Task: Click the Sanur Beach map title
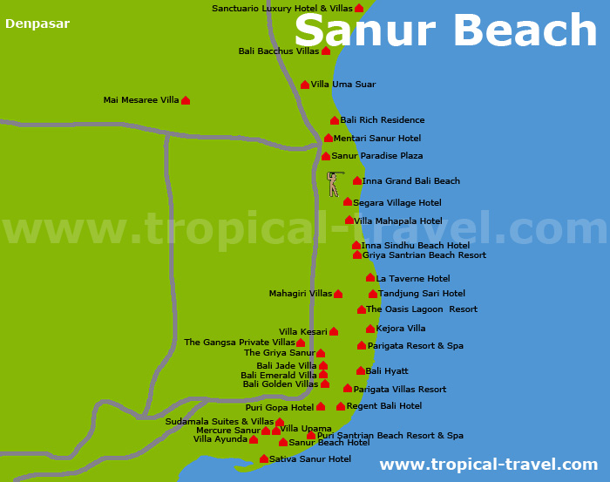(445, 31)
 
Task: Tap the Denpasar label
(37, 24)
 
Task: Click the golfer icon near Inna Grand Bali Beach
(332, 183)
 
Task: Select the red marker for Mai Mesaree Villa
(186, 100)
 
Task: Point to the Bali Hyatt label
(387, 371)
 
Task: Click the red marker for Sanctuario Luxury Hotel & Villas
(359, 8)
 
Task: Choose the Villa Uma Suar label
(343, 85)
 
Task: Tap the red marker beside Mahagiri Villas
(338, 294)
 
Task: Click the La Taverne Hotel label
(413, 279)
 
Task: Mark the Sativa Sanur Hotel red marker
(264, 458)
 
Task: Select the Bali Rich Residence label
(383, 120)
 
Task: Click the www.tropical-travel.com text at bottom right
(488, 465)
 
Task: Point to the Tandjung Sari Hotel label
(422, 294)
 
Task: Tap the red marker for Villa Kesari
(334, 331)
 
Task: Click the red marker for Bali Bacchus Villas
(326, 51)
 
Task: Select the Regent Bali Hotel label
(384, 406)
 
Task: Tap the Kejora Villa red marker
(370, 329)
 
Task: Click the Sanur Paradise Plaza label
(377, 156)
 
